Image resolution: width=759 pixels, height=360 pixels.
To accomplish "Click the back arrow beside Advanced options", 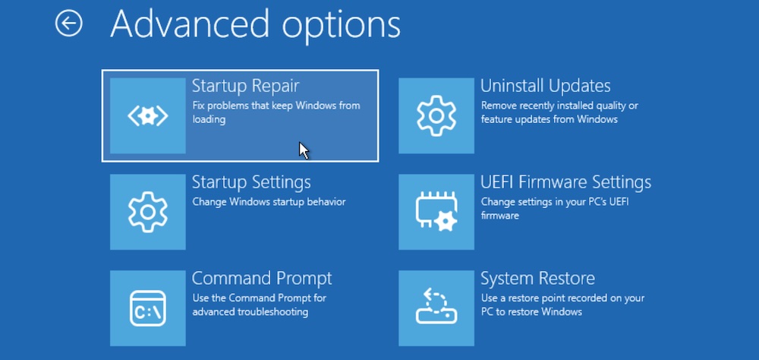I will [x=68, y=24].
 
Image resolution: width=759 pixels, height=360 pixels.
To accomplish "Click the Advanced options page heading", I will [x=255, y=24].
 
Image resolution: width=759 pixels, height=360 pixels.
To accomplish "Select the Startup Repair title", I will [x=245, y=86].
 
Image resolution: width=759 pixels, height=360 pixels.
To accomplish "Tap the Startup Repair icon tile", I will [x=148, y=115].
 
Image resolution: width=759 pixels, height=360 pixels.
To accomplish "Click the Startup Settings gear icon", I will [x=148, y=212].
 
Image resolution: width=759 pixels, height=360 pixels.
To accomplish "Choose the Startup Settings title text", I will [x=251, y=183].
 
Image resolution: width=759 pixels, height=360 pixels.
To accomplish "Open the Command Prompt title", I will [x=262, y=278].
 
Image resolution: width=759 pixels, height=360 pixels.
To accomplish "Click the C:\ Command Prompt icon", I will [x=148, y=307].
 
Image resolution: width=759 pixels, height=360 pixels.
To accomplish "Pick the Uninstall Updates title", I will [x=546, y=86].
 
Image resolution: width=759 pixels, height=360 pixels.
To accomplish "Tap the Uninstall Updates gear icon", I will [x=436, y=115].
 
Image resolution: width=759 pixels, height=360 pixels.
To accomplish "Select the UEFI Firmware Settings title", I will [x=566, y=183].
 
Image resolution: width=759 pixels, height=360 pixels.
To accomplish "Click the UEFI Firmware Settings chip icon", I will [x=436, y=212].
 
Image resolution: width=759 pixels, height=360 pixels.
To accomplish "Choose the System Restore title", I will [x=537, y=278].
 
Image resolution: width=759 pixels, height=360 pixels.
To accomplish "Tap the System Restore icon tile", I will [x=436, y=307].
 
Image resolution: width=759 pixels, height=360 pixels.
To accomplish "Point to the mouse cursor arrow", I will [x=304, y=150].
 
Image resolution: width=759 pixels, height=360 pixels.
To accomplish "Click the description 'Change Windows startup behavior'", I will [x=269, y=202].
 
